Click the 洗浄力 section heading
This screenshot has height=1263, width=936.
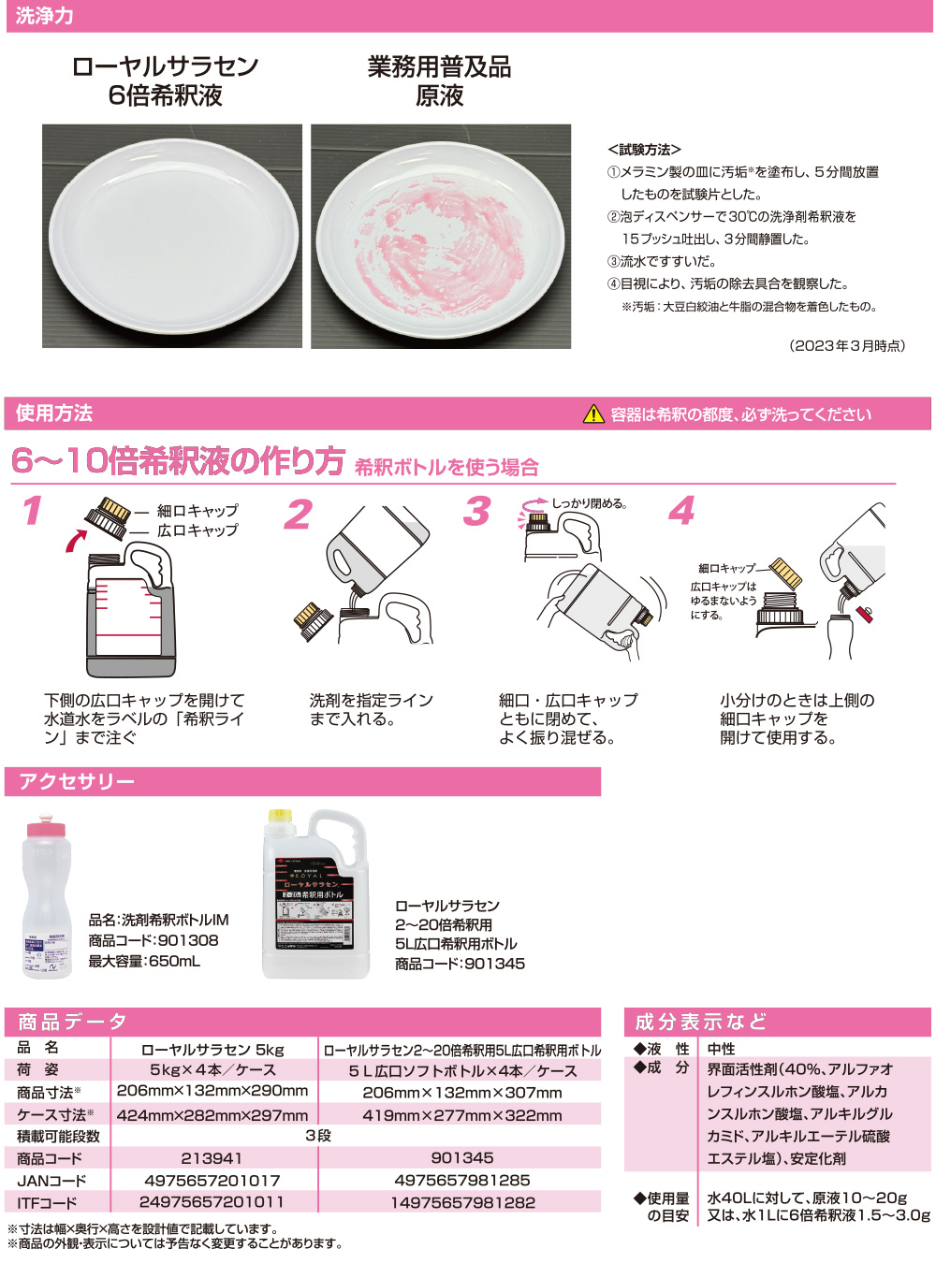click(x=44, y=16)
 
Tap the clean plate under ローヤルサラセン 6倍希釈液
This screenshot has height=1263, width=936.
click(x=171, y=236)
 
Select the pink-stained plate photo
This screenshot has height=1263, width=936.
click(x=441, y=237)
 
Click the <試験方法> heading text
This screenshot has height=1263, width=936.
click(x=644, y=150)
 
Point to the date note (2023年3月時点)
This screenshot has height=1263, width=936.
click(x=848, y=345)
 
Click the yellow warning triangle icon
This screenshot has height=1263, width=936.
click(x=593, y=414)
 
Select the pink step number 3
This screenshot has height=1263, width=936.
click(x=477, y=512)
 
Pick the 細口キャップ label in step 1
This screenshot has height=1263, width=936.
click(x=197, y=511)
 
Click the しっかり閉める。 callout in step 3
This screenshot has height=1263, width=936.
click(x=589, y=503)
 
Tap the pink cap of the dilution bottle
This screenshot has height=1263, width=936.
click(x=46, y=828)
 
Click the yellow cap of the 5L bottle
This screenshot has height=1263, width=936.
click(x=281, y=816)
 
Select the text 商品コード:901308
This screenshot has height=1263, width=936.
click(x=154, y=940)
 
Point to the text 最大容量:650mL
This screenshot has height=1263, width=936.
click(x=144, y=961)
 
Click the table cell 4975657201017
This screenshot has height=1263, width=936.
click(x=212, y=1181)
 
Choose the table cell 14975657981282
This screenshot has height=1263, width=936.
click(x=462, y=1202)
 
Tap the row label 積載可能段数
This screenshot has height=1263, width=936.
click(x=58, y=1136)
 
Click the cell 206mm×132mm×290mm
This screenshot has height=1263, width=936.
click(x=212, y=1091)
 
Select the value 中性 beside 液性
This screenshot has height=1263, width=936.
click(x=721, y=1049)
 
